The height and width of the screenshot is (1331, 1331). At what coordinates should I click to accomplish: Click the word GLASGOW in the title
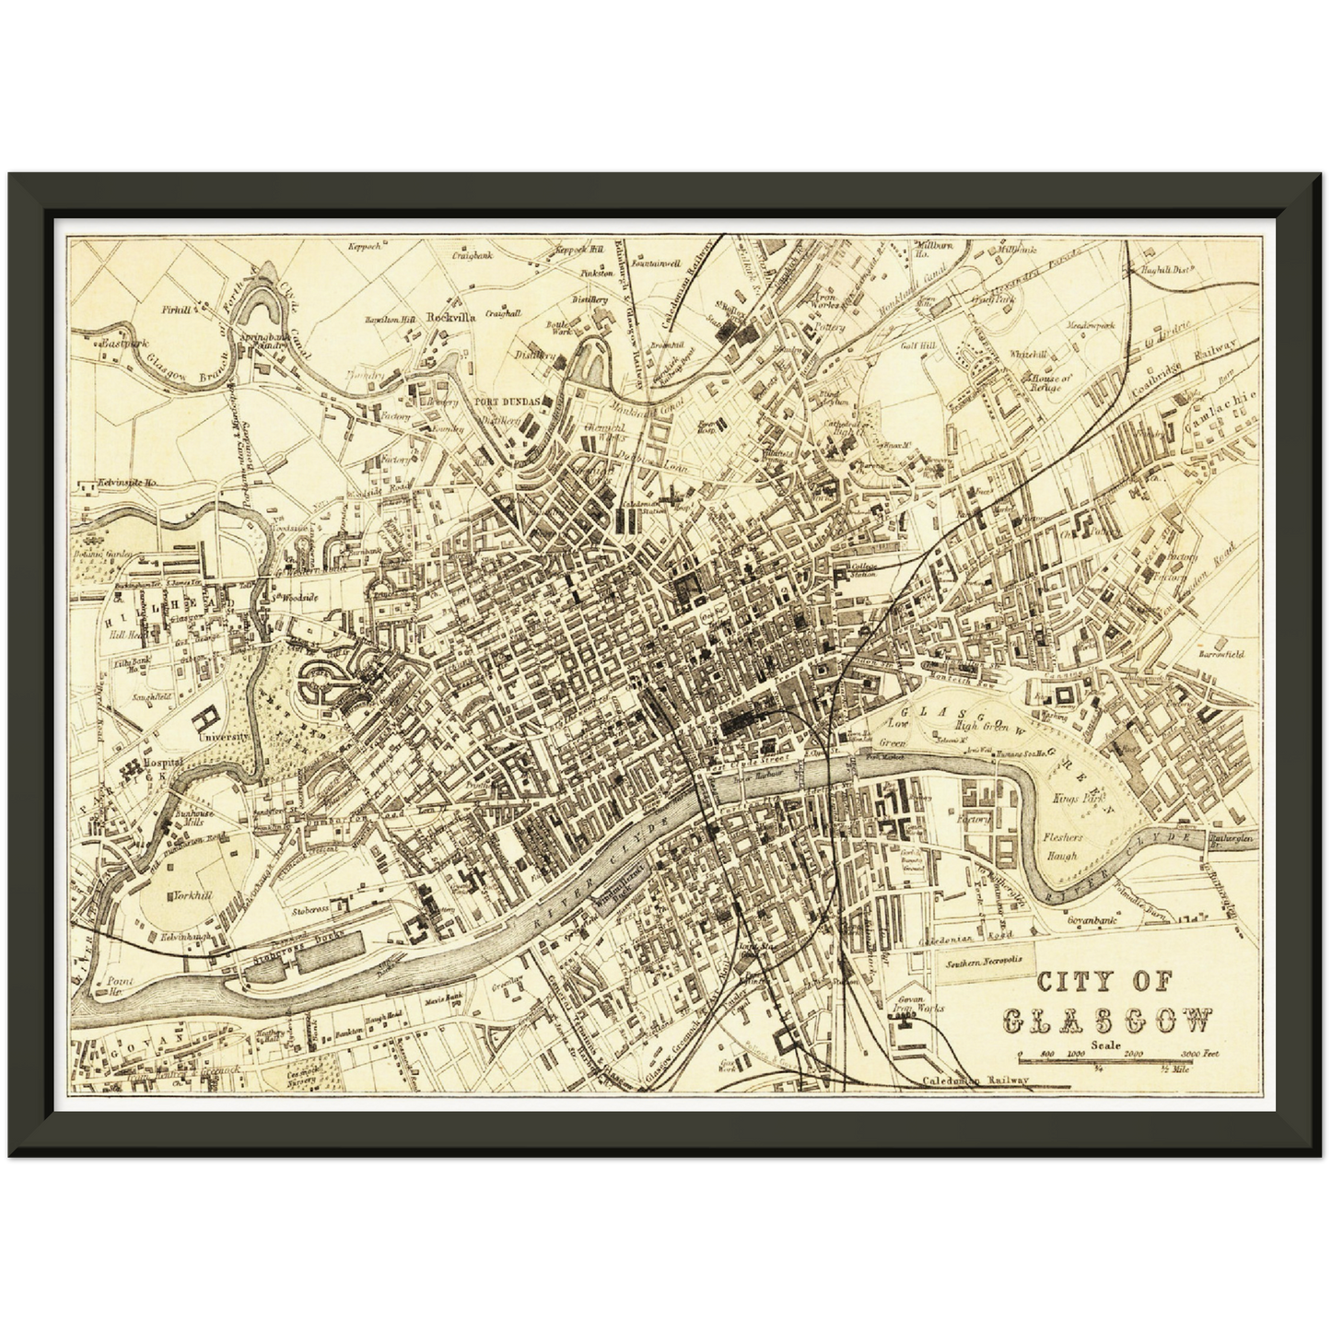(1105, 1020)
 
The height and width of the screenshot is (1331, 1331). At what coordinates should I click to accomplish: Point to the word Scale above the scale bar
(1104, 1045)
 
